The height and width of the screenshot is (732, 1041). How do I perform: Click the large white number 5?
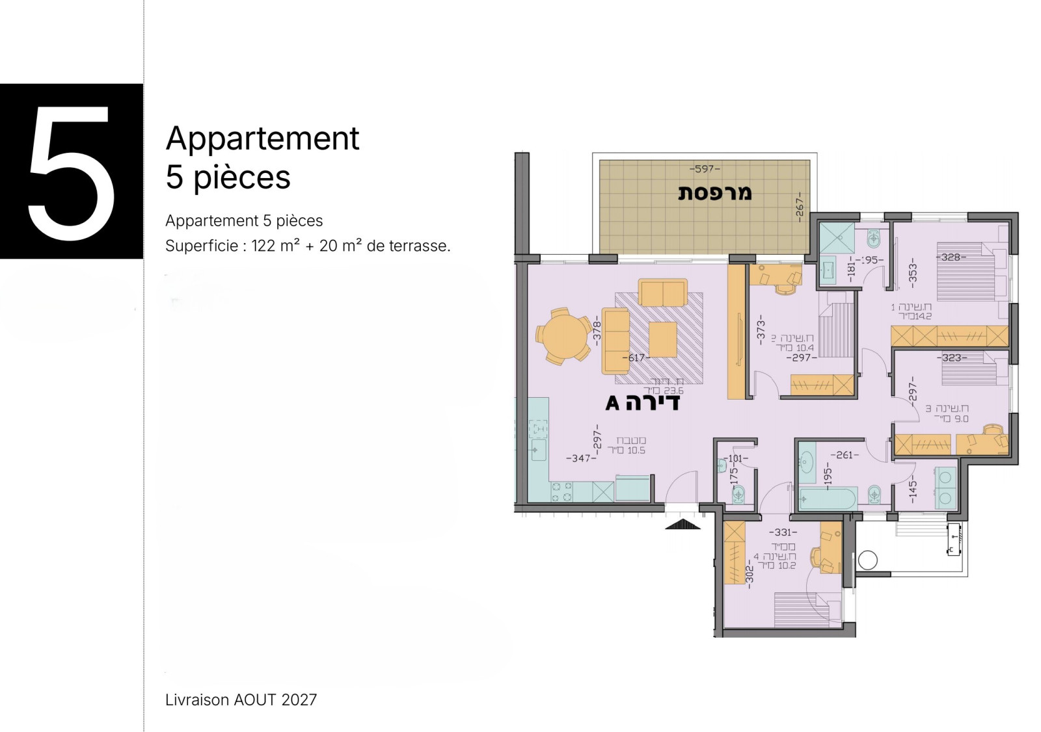[72, 172]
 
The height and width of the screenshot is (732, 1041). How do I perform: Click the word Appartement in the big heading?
[262, 138]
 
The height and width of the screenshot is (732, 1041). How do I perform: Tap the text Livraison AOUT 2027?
[241, 700]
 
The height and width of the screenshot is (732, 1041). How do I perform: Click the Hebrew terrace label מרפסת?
[714, 192]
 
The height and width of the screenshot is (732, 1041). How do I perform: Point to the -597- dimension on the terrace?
[704, 169]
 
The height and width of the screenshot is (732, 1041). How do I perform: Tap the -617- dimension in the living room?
[636, 358]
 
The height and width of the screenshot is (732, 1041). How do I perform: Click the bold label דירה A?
[642, 403]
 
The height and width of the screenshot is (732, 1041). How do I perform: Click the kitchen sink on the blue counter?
[538, 449]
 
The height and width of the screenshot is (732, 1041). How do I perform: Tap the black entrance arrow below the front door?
[682, 524]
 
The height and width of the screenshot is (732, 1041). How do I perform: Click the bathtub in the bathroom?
[827, 499]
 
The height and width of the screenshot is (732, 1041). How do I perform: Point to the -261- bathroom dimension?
[844, 455]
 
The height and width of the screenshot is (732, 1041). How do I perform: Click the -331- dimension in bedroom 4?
[783, 532]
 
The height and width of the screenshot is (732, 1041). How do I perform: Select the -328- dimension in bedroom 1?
[951, 257]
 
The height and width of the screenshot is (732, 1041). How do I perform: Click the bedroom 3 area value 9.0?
[961, 419]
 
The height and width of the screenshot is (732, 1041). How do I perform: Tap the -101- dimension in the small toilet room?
[736, 458]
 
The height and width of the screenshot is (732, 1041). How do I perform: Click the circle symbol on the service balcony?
[867, 559]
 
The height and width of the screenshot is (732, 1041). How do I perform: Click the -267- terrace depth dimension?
[800, 206]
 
